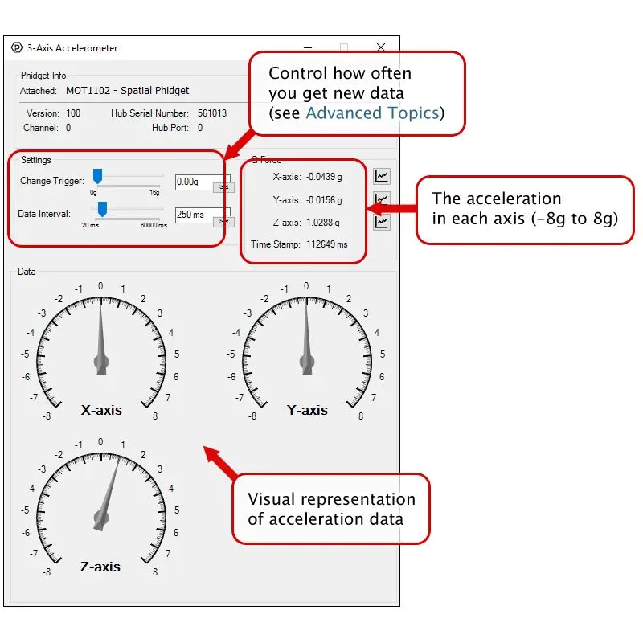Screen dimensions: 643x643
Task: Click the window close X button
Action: coord(381,47)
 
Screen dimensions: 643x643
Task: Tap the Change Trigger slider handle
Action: coord(97,176)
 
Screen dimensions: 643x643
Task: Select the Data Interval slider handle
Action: coord(102,210)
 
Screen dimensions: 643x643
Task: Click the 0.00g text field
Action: coord(193,182)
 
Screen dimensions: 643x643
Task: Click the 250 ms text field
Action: coord(193,215)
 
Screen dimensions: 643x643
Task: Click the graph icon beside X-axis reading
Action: coord(382,175)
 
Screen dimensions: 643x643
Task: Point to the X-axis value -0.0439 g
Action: coord(323,177)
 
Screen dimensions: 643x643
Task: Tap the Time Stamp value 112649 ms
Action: coord(327,244)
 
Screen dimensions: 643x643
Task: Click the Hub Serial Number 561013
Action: coord(212,113)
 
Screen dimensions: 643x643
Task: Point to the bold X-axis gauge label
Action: coord(101,410)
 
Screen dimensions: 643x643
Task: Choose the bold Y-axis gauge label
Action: coord(307,410)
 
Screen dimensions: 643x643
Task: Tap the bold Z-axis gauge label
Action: coord(100,567)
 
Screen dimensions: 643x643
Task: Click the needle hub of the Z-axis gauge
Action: coord(100,518)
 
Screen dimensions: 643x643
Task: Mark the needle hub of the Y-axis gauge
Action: coord(306,362)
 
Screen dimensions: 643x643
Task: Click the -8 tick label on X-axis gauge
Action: coord(47,416)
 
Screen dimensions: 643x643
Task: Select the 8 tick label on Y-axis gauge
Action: coord(361,416)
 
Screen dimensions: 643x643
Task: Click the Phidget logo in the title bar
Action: coord(17,47)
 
